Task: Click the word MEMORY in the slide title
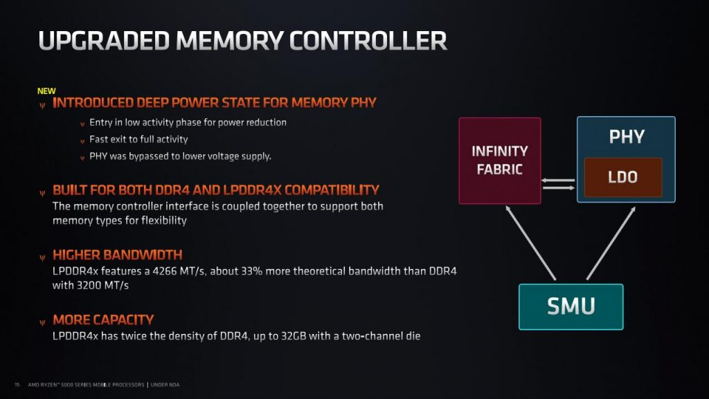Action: click(229, 41)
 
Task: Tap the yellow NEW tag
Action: click(46, 91)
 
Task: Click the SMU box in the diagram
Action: click(571, 307)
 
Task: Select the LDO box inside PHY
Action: click(623, 177)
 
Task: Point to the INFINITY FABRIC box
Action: click(500, 160)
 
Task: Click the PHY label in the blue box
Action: click(626, 137)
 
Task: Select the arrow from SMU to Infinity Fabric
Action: click(530, 243)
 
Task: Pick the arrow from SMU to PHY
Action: click(611, 243)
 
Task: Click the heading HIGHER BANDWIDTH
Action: click(118, 255)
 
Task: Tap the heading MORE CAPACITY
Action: click(103, 320)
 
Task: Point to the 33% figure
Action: click(251, 271)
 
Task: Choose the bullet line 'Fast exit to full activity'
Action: click(138, 140)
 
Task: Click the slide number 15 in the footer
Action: click(17, 385)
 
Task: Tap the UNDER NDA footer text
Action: click(165, 385)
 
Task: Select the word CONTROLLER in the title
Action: click(368, 41)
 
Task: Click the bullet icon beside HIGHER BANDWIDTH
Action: click(42, 258)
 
